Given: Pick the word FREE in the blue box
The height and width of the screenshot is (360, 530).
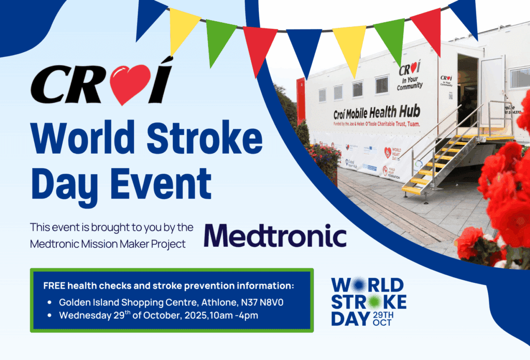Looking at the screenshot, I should click(x=54, y=286).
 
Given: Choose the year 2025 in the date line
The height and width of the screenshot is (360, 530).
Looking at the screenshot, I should click(x=193, y=314).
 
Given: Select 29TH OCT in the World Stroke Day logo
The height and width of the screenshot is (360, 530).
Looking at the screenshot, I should click(x=384, y=319).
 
